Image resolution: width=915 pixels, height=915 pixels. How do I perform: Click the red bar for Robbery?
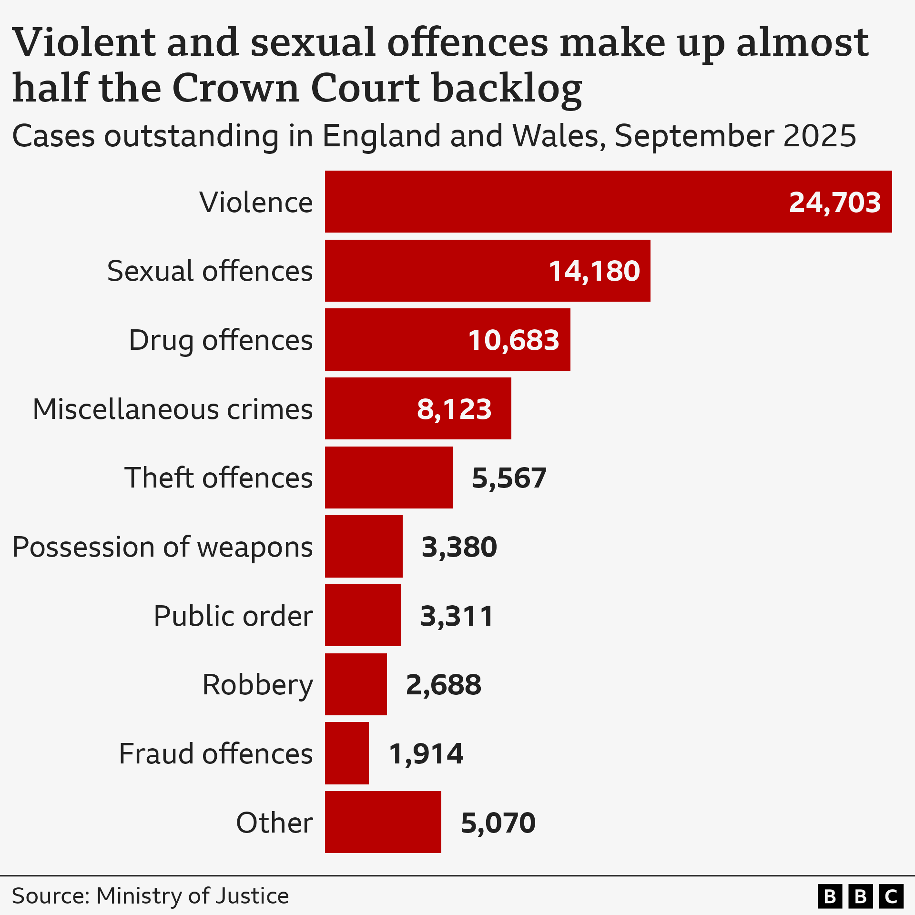[x=356, y=684]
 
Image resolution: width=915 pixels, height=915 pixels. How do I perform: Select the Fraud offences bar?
[x=346, y=753]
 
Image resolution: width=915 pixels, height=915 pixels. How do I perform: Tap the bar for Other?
[x=383, y=822]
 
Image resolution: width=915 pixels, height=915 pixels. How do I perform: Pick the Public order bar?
[x=363, y=615]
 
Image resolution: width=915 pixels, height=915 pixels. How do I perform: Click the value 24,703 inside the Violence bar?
[x=834, y=202]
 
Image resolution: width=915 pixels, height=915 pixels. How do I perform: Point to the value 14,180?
[x=594, y=271]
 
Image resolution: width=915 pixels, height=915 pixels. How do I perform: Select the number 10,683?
[x=513, y=340]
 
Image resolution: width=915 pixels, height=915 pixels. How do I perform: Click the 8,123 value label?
[x=454, y=409]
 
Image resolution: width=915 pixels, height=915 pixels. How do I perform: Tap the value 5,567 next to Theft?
[x=508, y=478]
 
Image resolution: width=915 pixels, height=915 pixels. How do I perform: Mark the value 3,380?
[x=459, y=547]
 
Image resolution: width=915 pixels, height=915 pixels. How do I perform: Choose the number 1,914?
[x=426, y=753]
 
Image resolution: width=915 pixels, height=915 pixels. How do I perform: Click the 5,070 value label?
[x=498, y=823]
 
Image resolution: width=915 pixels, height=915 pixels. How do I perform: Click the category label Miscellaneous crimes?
[x=173, y=409]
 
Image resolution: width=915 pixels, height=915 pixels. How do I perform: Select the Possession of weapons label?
[x=163, y=547]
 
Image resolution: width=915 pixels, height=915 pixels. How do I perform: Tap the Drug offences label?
[x=221, y=340]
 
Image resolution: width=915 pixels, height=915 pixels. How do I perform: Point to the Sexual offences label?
[x=210, y=271]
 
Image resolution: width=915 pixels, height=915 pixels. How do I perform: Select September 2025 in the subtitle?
[x=735, y=136]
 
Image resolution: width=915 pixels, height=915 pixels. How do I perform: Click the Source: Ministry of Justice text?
[x=150, y=895]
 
